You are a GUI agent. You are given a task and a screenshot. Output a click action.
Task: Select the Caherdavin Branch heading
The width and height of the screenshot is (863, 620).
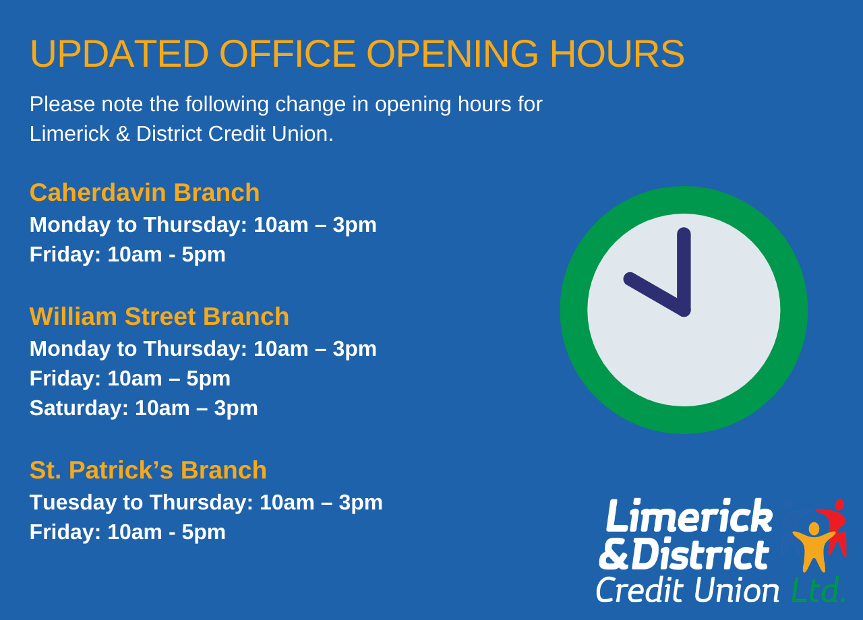(144, 192)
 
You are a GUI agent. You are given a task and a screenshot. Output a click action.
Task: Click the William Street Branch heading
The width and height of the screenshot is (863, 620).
(159, 316)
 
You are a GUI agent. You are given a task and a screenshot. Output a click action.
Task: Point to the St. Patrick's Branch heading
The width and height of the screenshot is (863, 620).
(148, 470)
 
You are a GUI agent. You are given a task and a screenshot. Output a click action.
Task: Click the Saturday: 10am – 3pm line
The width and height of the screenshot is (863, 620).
(144, 408)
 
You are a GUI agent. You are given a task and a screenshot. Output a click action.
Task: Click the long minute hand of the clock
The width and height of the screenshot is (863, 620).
(684, 272)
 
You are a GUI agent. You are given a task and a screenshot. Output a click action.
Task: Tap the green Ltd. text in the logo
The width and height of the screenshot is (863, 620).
(819, 589)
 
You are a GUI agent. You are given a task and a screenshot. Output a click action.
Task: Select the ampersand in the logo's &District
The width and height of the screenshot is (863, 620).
(614, 554)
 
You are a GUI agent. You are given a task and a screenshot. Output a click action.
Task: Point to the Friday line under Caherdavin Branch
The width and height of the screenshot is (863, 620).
(127, 255)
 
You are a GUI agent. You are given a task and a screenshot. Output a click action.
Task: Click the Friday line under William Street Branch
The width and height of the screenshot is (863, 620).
(130, 379)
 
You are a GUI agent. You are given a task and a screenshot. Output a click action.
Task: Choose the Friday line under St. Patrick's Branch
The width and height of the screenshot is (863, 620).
(127, 532)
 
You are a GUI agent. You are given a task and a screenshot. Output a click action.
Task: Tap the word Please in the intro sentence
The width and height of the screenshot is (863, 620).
(63, 104)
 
